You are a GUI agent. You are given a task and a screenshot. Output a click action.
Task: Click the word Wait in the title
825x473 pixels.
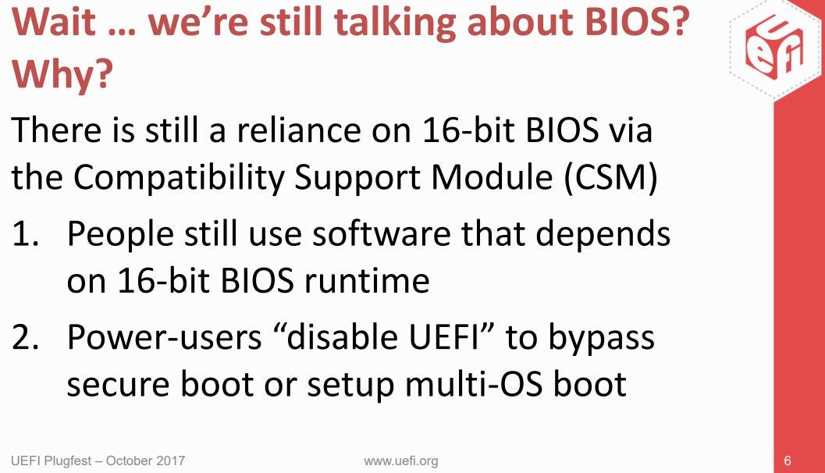(x=54, y=22)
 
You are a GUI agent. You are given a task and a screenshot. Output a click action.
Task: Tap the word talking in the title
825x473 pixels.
(x=394, y=23)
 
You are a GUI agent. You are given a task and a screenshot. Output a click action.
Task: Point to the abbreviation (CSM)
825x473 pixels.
(x=610, y=176)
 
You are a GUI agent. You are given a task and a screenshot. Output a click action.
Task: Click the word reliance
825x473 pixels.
(x=298, y=130)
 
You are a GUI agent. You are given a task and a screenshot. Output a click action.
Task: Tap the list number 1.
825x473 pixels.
(x=25, y=233)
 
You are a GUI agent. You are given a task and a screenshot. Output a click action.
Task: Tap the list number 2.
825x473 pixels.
(x=25, y=336)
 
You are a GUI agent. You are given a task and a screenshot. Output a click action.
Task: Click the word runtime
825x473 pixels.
(x=367, y=280)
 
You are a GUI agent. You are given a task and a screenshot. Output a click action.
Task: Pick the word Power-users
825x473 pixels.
(x=165, y=336)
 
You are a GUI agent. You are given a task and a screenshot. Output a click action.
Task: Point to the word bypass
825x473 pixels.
(x=602, y=338)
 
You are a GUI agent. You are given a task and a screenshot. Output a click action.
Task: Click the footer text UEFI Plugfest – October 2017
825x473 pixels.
(x=98, y=461)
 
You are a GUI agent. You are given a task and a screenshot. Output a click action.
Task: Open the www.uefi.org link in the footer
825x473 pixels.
(x=401, y=461)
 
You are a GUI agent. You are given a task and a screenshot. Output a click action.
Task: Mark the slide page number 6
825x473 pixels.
(x=788, y=461)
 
